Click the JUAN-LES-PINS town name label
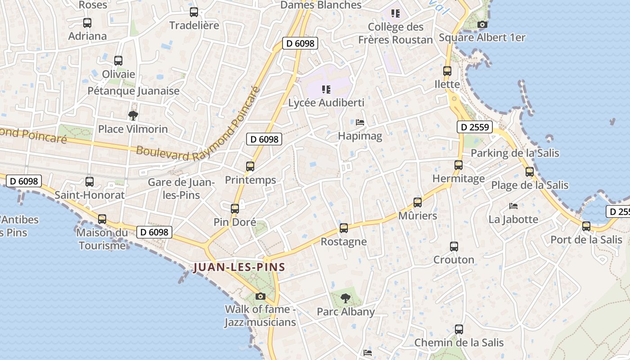point(239,267)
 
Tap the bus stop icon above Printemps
point(250,166)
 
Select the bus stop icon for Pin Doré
point(234,208)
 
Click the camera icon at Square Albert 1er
point(482,24)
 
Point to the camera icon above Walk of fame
point(260,296)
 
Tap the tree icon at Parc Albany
point(345,297)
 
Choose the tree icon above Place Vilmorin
point(133,116)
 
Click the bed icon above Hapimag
point(360,122)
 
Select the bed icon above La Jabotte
point(513,206)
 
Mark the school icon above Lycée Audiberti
point(326,90)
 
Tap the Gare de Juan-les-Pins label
point(181,189)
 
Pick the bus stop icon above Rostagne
point(344,228)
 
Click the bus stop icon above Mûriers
point(418,202)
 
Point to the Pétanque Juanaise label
point(133,91)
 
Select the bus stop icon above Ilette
point(447,71)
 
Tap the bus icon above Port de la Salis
point(586,226)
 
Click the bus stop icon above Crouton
point(454,247)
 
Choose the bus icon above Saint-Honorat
point(89,182)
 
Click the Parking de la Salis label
point(515,153)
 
